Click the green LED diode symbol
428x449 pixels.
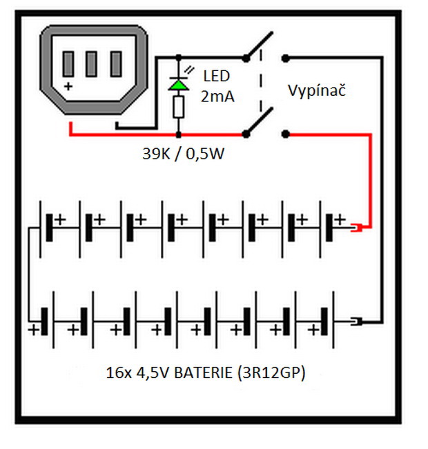pyautogui.click(x=179, y=84)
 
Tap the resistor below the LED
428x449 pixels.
pyautogui.click(x=179, y=107)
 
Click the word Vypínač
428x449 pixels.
pyautogui.click(x=315, y=90)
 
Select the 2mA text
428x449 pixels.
pyautogui.click(x=217, y=97)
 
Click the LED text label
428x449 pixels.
pyautogui.click(x=217, y=77)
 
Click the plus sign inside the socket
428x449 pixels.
pyautogui.click(x=68, y=86)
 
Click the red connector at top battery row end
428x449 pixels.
pyautogui.click(x=359, y=227)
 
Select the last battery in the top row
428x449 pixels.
pyautogui.click(x=332, y=226)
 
